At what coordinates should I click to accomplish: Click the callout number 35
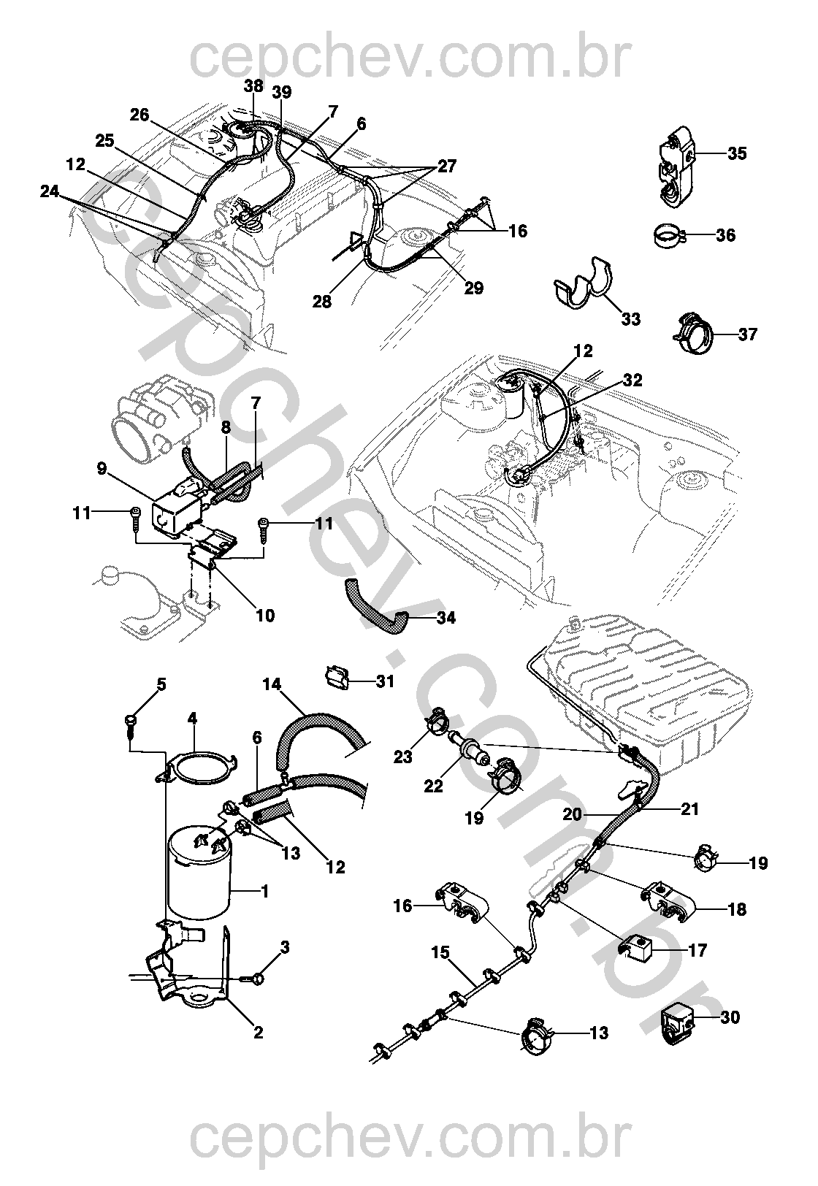click(x=737, y=153)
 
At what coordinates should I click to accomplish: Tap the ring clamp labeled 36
click(x=667, y=235)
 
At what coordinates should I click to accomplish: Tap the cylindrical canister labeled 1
click(x=198, y=874)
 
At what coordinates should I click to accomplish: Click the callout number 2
click(x=257, y=1032)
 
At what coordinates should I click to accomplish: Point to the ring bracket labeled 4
click(x=199, y=770)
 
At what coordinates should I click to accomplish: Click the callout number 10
click(x=265, y=615)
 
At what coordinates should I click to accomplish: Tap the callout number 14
click(x=272, y=684)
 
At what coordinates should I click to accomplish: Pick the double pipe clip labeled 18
click(x=667, y=901)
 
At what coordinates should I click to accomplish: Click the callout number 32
click(x=632, y=380)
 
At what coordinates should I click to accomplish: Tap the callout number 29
click(x=474, y=288)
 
